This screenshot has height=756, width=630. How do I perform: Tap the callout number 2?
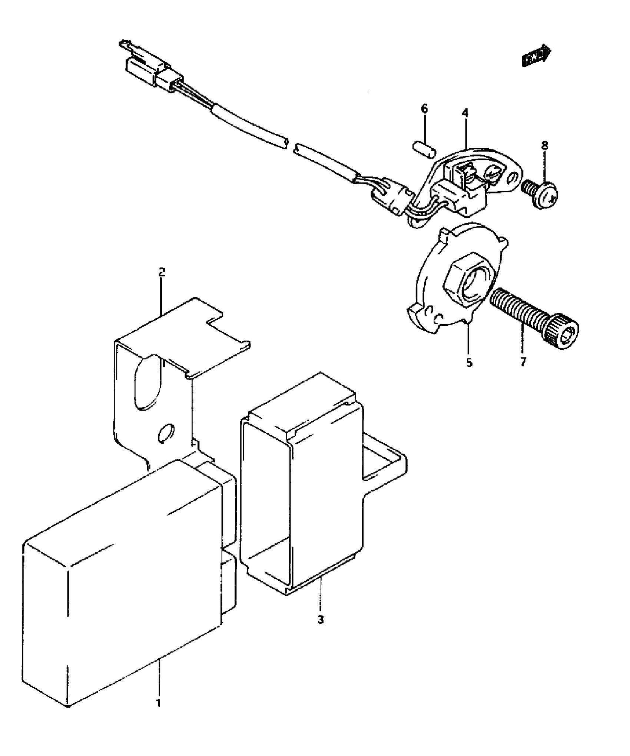(161, 272)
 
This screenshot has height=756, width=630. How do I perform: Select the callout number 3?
(321, 619)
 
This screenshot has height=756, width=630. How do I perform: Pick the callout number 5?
(469, 363)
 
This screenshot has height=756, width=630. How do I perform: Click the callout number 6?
(424, 109)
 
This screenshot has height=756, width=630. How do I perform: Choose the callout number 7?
(523, 362)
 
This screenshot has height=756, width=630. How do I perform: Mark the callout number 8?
(544, 146)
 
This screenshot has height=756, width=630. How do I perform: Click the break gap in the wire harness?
(290, 146)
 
